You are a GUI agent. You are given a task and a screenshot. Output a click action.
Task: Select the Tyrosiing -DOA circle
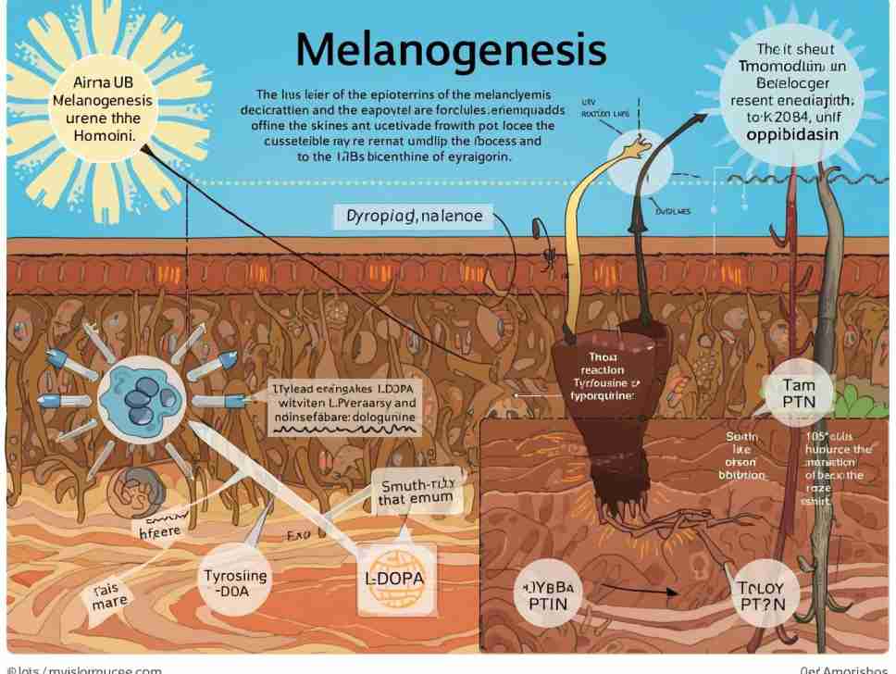coord(235,585)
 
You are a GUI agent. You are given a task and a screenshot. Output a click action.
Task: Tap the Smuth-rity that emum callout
coord(416,488)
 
